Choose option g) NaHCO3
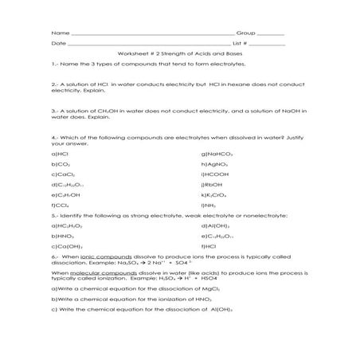[217, 152]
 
